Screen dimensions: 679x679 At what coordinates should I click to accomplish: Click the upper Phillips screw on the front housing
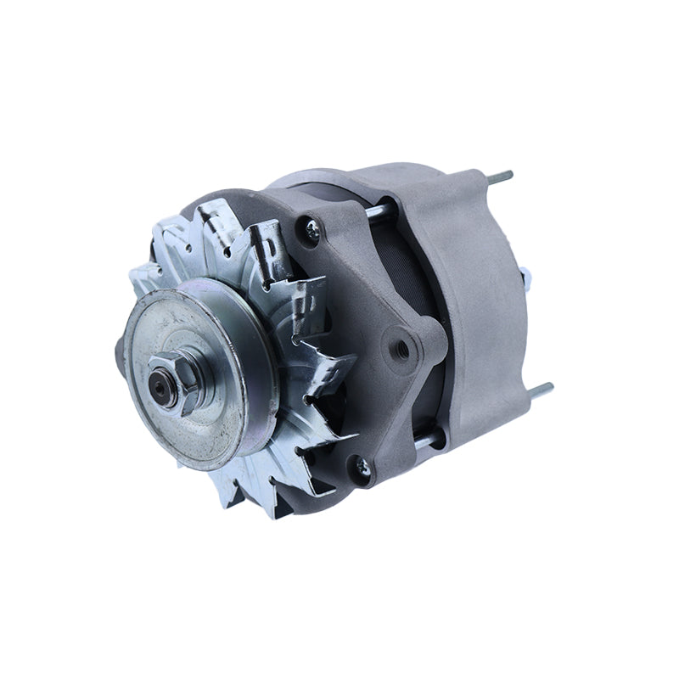[x=313, y=227]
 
